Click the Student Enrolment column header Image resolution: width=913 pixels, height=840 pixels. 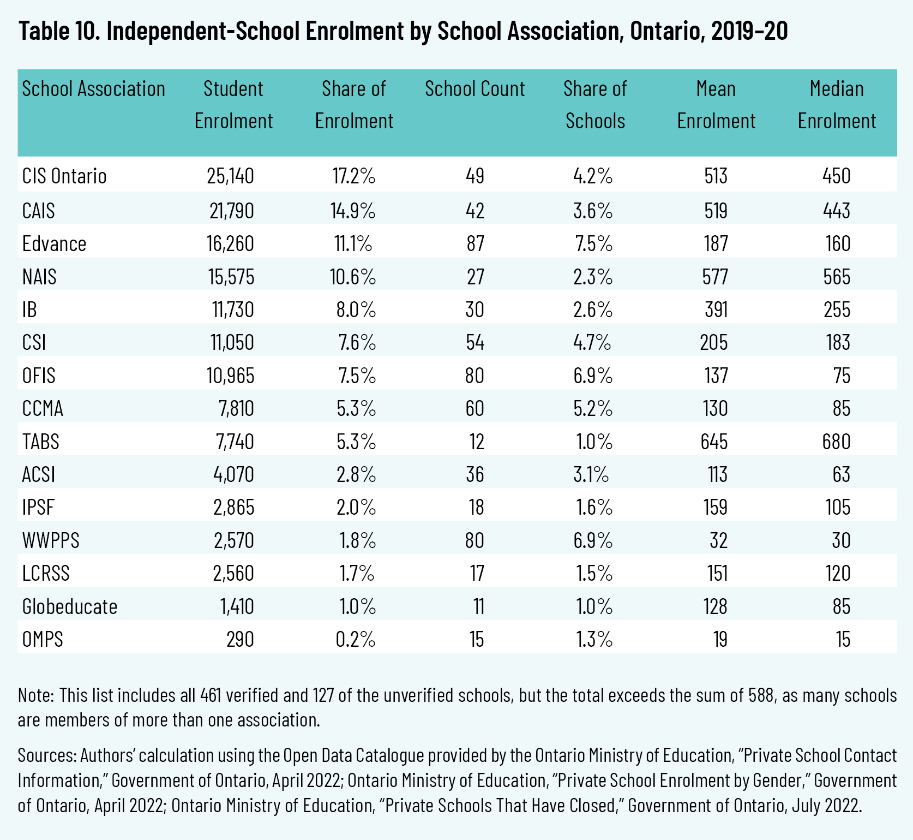pos(233,105)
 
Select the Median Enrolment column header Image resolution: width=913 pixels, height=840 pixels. pos(837,105)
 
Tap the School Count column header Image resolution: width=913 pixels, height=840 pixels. pos(474,89)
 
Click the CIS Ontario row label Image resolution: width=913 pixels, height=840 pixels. pos(64,176)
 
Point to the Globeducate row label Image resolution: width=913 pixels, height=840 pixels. pos(70,606)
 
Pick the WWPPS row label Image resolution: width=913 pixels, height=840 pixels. pos(51,540)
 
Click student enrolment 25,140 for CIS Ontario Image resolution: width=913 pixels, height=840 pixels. pos(230,176)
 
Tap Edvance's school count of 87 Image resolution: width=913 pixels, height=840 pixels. pos(475,243)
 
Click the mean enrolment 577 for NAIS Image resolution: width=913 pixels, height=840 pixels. pos(715,277)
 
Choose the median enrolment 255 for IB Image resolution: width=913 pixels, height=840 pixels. pos(837,310)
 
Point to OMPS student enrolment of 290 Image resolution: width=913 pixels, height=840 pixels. pos(240,639)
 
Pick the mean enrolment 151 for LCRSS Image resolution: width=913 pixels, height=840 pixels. pos(717,574)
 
